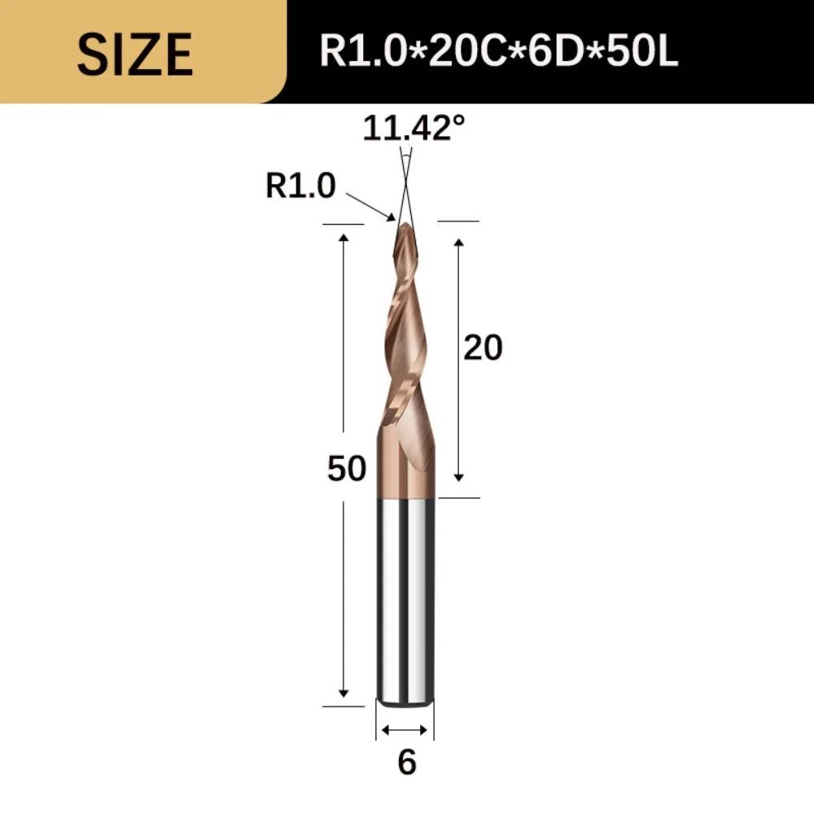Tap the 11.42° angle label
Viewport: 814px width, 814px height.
coord(414,128)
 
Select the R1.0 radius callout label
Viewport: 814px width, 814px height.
coord(300,187)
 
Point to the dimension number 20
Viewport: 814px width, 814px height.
coord(483,348)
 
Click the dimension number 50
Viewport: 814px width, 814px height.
coord(347,469)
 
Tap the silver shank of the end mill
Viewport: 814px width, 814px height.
coord(405,594)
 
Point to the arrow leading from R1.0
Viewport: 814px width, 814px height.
coord(370,205)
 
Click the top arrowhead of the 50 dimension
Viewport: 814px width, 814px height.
coord(344,237)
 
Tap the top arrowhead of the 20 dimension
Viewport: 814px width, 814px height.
coord(459,243)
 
